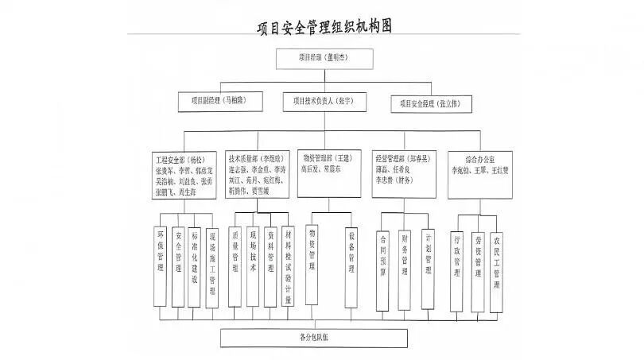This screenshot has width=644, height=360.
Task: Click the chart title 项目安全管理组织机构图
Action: (x=325, y=26)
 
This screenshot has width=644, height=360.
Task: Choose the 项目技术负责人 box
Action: (x=322, y=102)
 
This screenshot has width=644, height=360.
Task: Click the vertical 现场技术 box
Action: (x=252, y=261)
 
